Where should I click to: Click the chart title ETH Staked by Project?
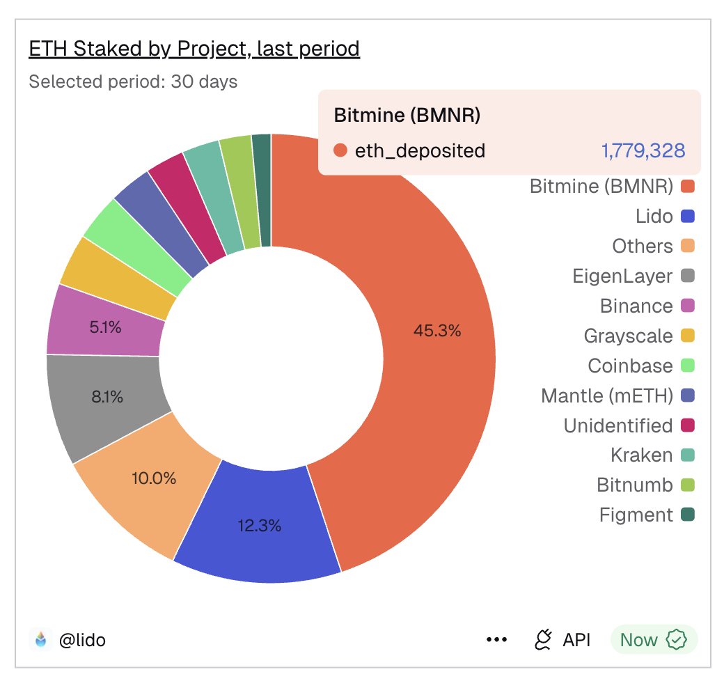[194, 49]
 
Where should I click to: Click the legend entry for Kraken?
[642, 455]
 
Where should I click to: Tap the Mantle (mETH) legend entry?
[607, 396]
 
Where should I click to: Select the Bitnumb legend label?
[635, 485]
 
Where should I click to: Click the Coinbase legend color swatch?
[688, 366]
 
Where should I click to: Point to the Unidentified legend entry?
[618, 425]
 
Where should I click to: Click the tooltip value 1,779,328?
[643, 150]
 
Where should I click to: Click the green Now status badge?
[653, 640]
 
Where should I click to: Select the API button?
[562, 640]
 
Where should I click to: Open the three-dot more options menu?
[496, 640]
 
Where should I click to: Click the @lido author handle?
[81, 640]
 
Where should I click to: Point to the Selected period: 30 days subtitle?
[133, 82]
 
